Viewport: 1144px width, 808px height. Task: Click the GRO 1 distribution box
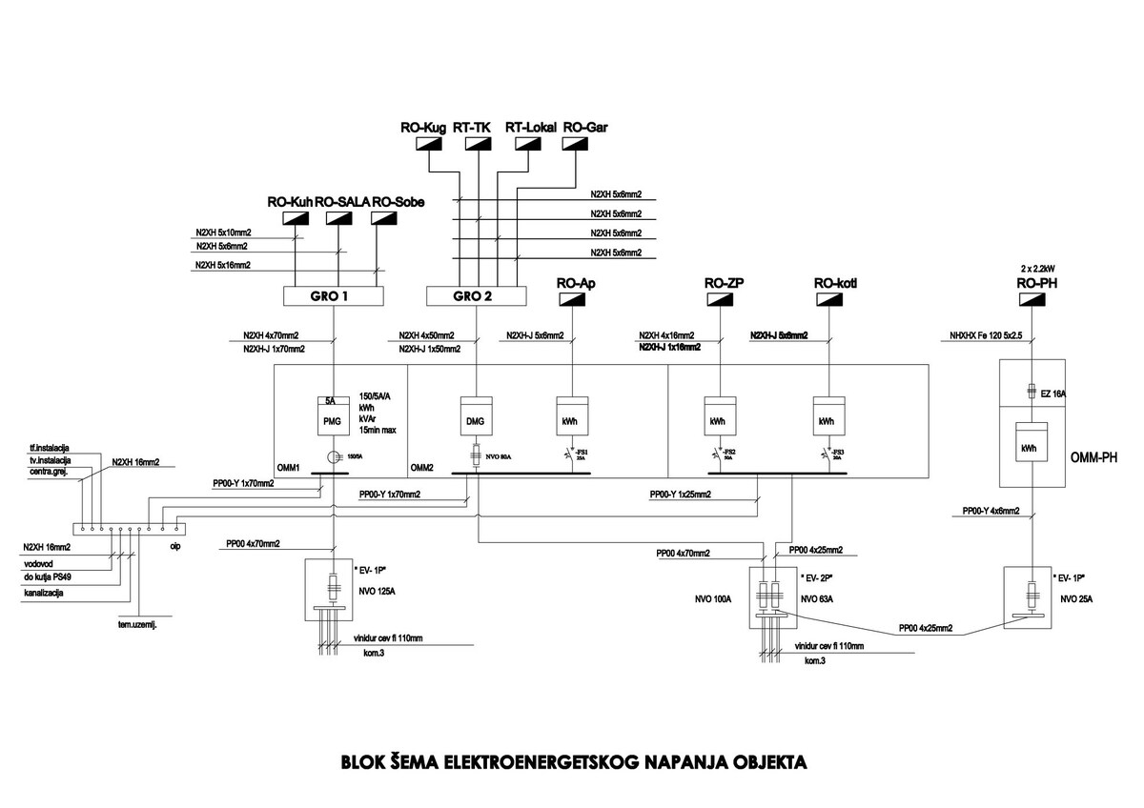334,296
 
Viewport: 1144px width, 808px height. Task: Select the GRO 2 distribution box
473,296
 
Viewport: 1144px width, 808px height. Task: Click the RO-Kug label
422,126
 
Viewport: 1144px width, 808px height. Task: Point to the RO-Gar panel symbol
575,144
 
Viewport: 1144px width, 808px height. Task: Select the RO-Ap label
574,282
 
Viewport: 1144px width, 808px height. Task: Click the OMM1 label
288,468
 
